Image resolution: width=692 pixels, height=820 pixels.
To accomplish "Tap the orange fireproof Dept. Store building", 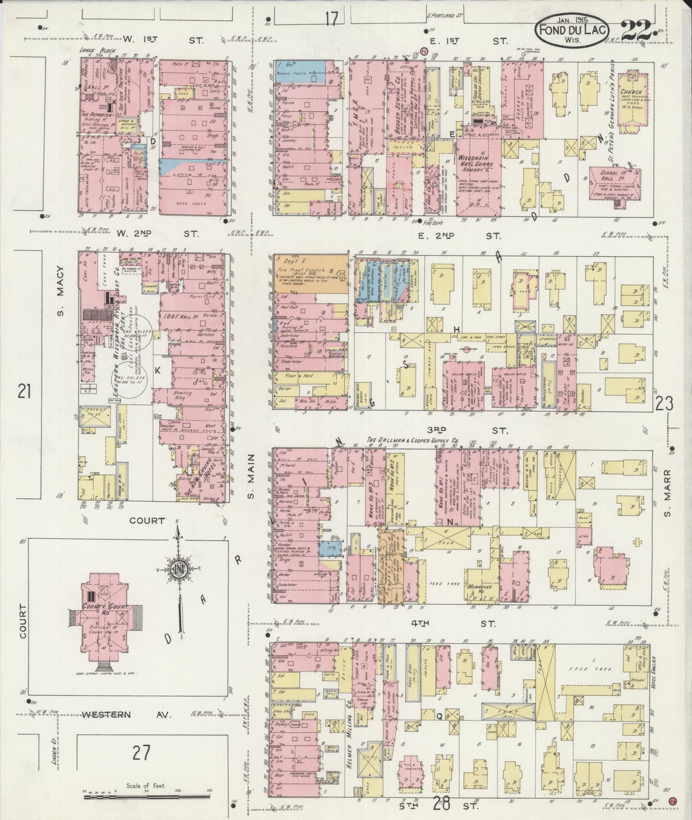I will [x=310, y=273].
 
